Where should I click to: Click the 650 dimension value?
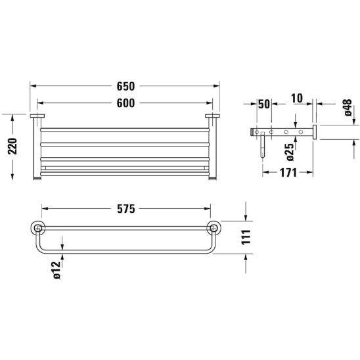[125, 86]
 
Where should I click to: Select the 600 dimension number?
[125, 103]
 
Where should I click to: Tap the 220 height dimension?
[12, 146]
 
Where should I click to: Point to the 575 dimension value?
[126, 209]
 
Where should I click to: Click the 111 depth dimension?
[246, 237]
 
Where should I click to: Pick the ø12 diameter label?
[56, 270]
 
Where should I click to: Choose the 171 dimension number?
[288, 173]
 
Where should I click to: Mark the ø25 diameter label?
[290, 152]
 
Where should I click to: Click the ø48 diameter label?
[348, 108]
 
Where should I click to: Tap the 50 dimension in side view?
[264, 104]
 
